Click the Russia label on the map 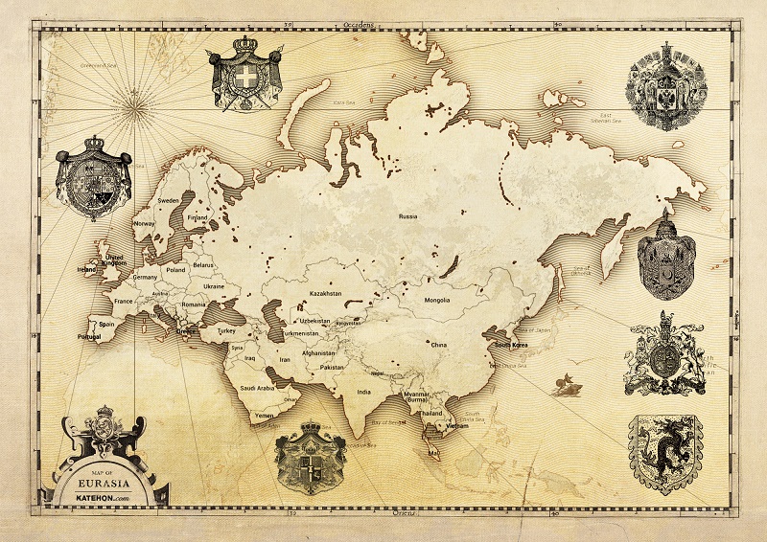point(408,216)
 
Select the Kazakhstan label point(325,294)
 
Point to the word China point(438,345)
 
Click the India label point(364,392)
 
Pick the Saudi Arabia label point(259,388)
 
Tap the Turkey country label point(227,330)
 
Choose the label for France point(123,301)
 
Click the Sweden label point(169,201)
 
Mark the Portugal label point(89,337)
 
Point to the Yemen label point(263,417)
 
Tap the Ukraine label point(213,286)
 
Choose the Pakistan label point(332,367)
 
